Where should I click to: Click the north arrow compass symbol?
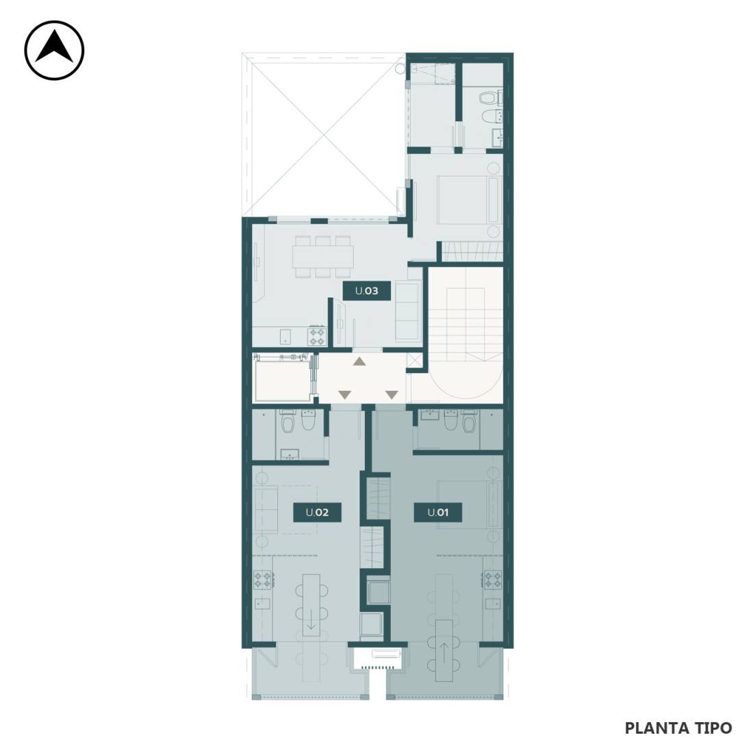click(x=54, y=50)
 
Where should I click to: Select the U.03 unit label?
click(x=366, y=290)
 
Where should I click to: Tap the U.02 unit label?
click(x=317, y=513)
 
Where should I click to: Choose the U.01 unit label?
click(x=438, y=513)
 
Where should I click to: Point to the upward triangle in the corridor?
click(x=359, y=361)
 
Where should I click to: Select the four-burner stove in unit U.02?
click(x=263, y=579)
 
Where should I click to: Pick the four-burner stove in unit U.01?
click(x=493, y=579)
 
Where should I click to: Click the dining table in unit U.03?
click(x=322, y=257)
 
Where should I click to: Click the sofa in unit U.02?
click(x=265, y=509)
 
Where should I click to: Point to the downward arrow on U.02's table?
click(x=311, y=623)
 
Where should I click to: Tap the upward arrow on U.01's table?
click(x=445, y=651)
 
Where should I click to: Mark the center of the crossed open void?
click(x=325, y=137)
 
